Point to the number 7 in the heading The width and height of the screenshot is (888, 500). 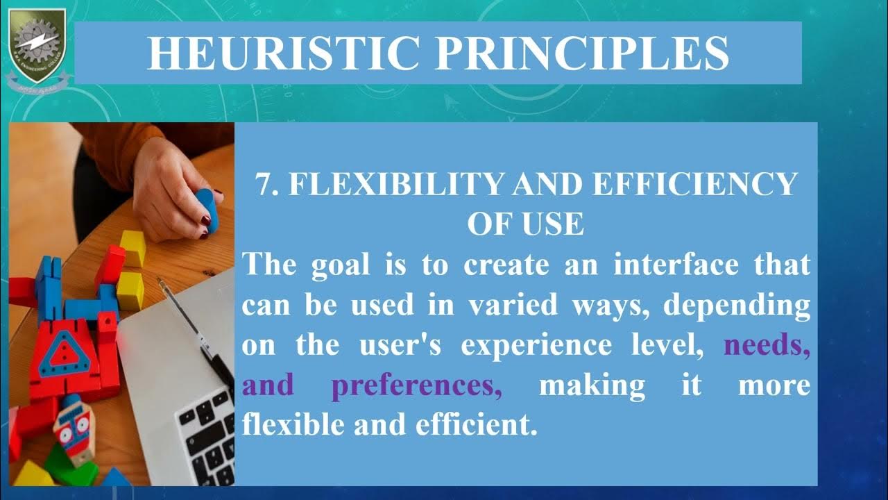pyautogui.click(x=263, y=185)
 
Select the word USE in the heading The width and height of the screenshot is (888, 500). pyautogui.click(x=554, y=224)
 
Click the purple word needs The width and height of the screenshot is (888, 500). pyautogui.click(x=767, y=345)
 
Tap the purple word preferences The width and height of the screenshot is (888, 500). pyautogui.click(x=416, y=385)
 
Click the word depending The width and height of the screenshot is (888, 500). pyautogui.click(x=737, y=305)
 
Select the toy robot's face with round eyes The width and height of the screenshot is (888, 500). pyautogui.click(x=73, y=427)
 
